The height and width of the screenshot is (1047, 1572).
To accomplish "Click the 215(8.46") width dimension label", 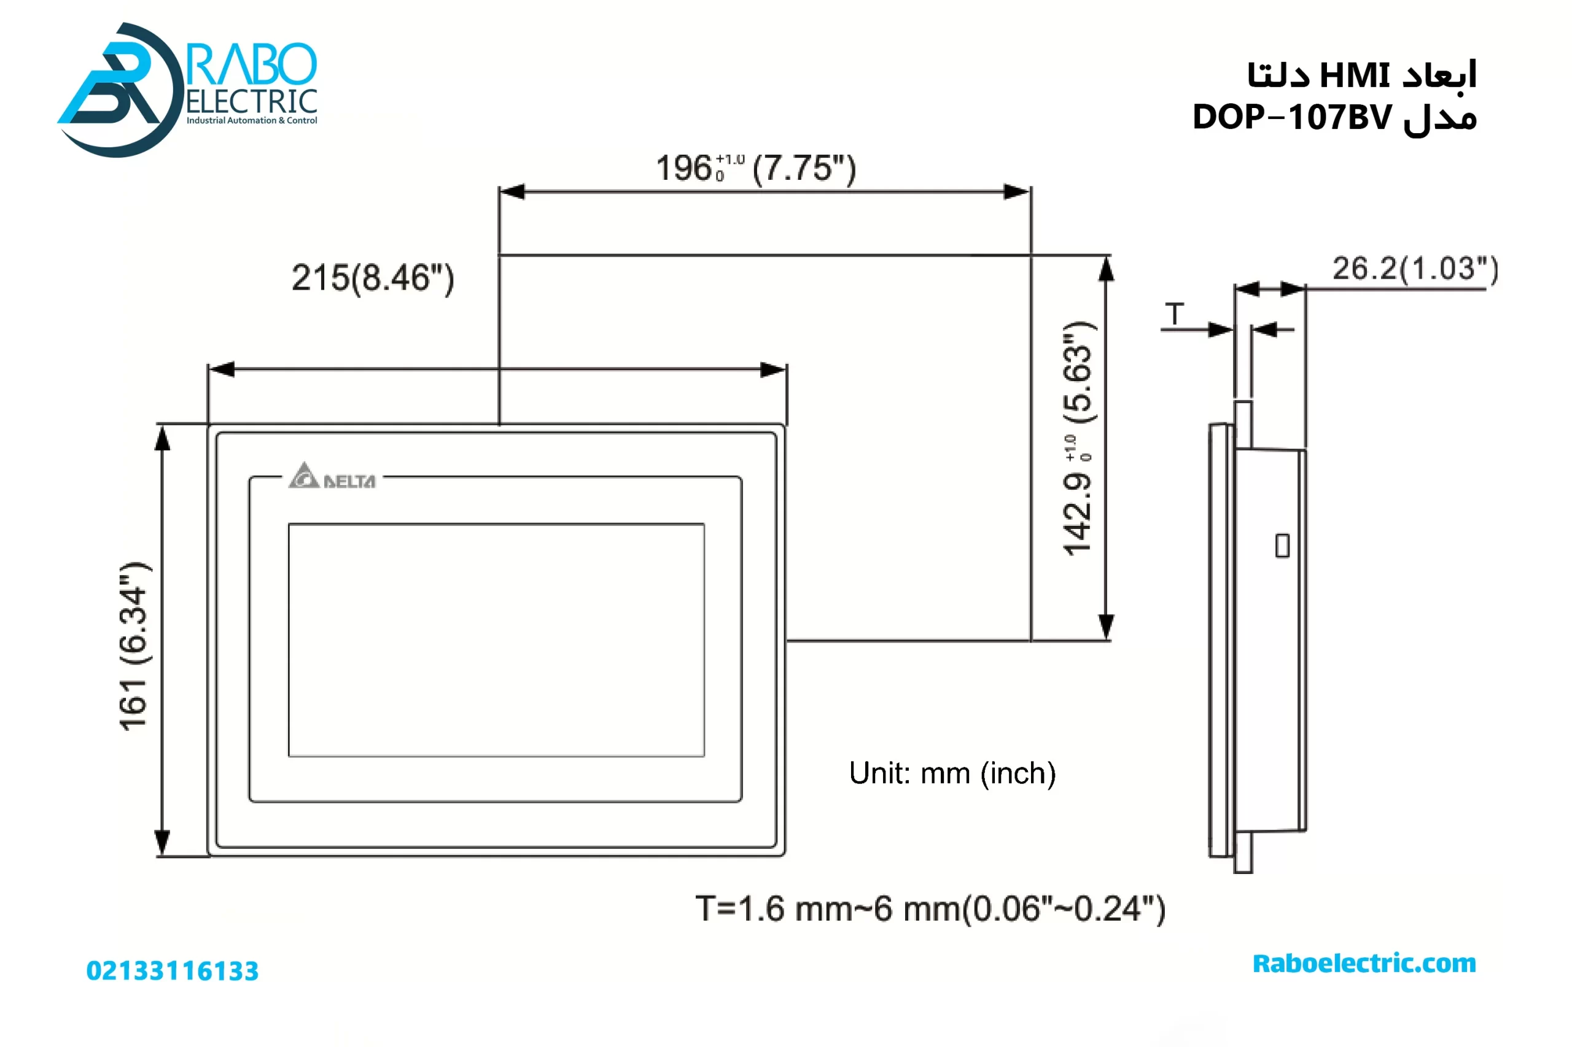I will [372, 278].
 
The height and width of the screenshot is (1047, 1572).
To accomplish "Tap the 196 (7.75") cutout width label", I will [755, 168].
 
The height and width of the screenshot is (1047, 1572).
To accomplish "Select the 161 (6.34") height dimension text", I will [134, 646].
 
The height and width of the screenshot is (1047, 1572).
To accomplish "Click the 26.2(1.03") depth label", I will [1414, 268].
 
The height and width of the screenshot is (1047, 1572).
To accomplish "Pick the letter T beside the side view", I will [1174, 314].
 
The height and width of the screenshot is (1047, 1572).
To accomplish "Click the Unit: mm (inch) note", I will [951, 773].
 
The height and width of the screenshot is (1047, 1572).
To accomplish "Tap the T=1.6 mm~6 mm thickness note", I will [929, 909].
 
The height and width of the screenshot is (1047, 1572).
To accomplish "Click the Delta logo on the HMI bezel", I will [332, 476].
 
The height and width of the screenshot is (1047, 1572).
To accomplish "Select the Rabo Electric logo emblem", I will [120, 90].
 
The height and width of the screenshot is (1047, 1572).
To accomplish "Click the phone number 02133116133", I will [173, 971].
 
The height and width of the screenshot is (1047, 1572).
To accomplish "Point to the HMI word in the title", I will [1354, 75].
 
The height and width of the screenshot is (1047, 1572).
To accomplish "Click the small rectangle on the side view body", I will [1282, 546].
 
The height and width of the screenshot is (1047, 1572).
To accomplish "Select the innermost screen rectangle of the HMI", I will [496, 639].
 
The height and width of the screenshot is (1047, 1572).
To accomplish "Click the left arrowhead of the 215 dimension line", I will [220, 369].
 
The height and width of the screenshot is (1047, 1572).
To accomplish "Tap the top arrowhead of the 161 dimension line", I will [162, 438].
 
